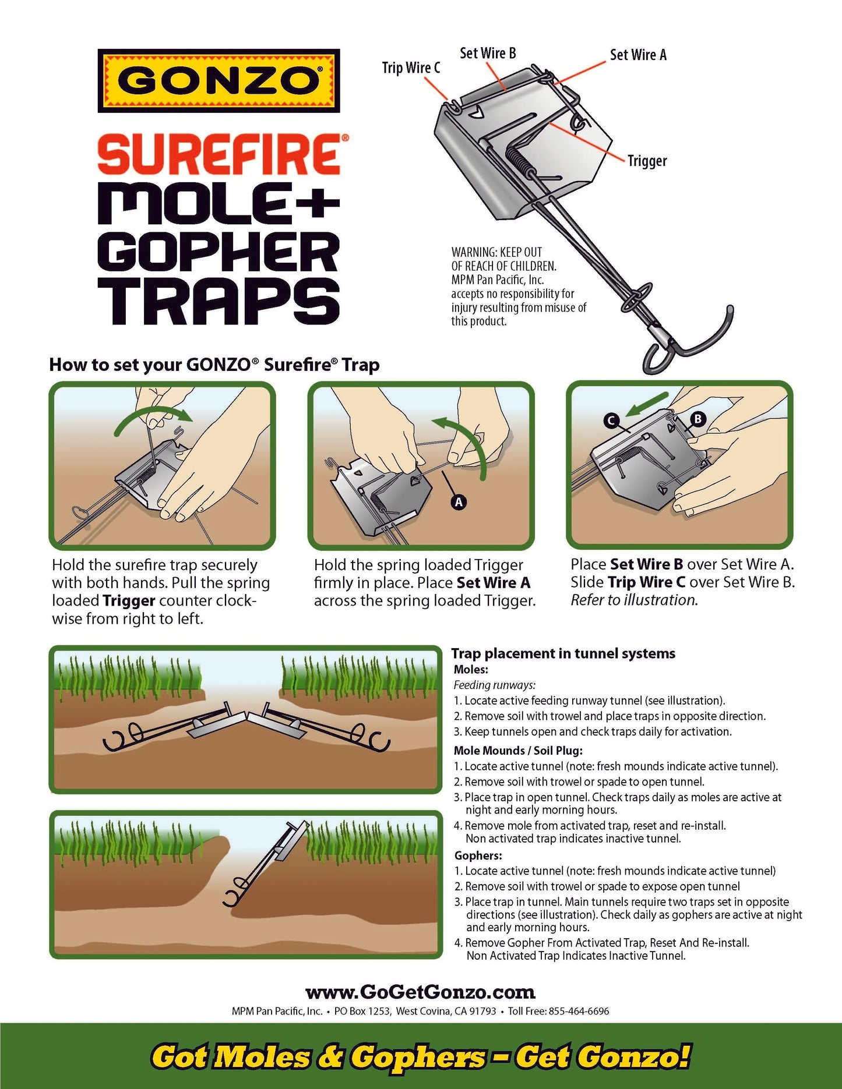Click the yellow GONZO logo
[x=219, y=80]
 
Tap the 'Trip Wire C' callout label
[x=411, y=68]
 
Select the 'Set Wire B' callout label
[x=488, y=53]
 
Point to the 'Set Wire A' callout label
[x=638, y=55]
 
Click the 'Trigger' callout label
[x=647, y=161]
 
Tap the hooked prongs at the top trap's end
[x=688, y=344]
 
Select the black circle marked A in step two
[x=459, y=502]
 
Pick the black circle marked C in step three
[x=611, y=420]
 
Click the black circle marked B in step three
[x=697, y=418]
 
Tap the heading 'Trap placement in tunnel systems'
[x=563, y=653]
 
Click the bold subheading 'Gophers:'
[x=478, y=855]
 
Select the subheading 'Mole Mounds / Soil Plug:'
[x=518, y=750]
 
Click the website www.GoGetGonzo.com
[x=420, y=992]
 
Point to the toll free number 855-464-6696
[x=579, y=1012]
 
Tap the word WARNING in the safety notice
[x=473, y=252]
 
